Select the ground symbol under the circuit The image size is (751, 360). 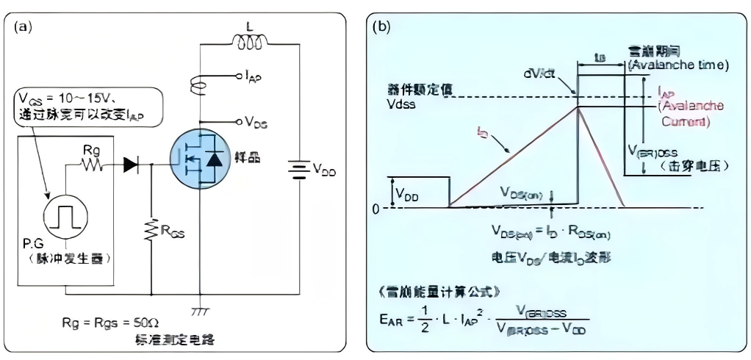pos(200,312)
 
